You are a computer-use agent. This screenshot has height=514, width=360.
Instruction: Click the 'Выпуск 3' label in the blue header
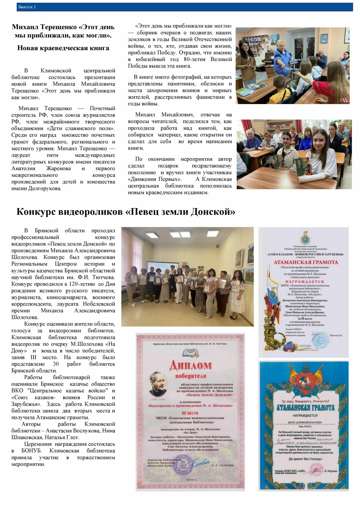[27, 7]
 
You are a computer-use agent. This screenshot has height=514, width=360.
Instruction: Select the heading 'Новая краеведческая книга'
[63, 48]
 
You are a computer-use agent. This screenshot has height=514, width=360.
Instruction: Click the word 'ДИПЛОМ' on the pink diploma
[191, 365]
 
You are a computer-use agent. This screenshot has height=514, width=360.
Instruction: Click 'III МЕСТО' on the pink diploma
[190, 413]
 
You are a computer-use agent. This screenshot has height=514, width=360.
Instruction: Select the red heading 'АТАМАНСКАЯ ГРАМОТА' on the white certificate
[306, 262]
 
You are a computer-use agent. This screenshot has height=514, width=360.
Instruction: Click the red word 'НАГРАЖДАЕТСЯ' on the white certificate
[305, 282]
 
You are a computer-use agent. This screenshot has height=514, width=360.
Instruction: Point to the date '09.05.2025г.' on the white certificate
[306, 346]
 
